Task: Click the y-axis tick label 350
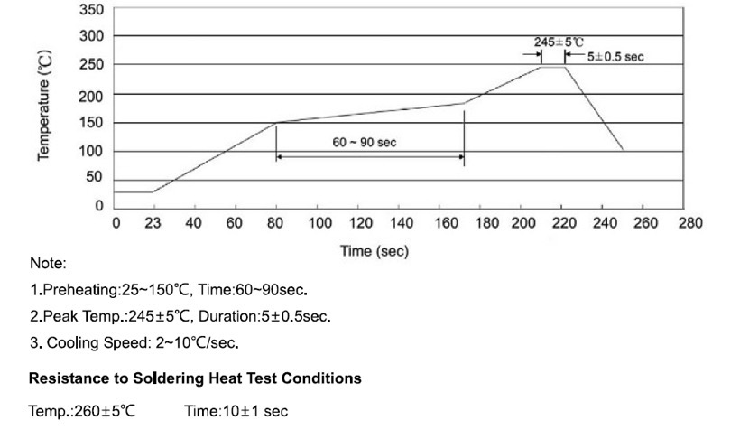[92, 8]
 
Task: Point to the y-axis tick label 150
[92, 123]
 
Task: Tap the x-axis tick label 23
[153, 223]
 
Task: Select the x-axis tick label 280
[690, 223]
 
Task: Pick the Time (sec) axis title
[374, 251]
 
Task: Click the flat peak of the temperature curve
[552, 67]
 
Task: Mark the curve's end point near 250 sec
[623, 150]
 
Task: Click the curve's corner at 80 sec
[275, 123]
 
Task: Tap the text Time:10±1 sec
[236, 412]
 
